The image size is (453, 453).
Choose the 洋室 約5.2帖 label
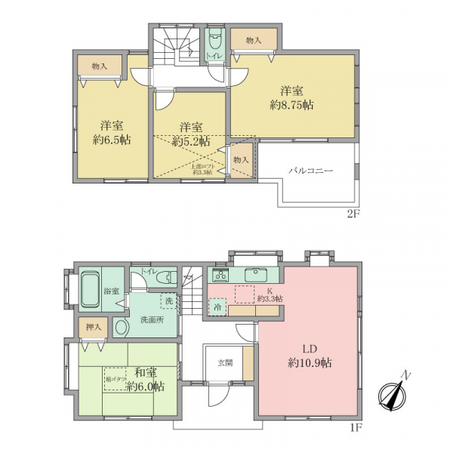coord(190,133)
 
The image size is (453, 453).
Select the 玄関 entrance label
coord(223,361)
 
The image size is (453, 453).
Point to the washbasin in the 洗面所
coord(122,327)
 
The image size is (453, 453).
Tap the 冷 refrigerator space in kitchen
coord(216,309)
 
